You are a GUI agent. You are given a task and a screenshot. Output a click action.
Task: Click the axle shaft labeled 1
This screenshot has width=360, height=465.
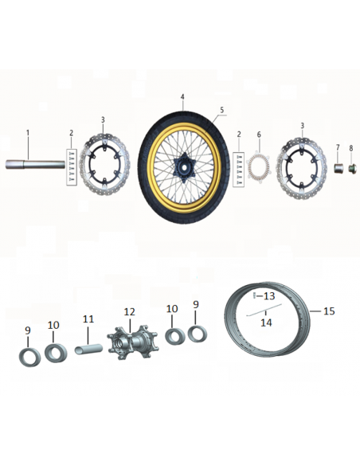35,164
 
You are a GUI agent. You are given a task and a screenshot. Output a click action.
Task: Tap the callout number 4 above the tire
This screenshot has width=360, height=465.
182,97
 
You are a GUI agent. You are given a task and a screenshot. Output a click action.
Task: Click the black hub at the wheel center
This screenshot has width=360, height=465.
183,167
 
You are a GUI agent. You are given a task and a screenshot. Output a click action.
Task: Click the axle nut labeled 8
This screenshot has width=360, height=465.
352,168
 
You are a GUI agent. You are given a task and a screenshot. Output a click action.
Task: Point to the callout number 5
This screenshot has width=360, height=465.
222,110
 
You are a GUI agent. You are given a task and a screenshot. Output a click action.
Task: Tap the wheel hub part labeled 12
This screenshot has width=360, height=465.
133,342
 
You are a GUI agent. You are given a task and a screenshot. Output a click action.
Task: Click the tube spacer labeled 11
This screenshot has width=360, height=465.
88,349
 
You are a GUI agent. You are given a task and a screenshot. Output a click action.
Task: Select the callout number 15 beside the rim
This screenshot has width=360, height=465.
329,311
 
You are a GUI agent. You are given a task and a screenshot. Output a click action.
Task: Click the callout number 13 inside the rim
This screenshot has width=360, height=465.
269,295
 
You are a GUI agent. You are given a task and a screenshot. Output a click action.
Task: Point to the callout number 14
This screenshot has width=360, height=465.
266,322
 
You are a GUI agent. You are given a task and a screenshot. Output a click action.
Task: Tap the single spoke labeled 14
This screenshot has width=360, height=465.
264,311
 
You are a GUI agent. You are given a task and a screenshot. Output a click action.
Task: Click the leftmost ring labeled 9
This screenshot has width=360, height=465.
29,358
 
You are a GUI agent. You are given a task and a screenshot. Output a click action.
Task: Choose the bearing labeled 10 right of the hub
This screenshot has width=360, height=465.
175,337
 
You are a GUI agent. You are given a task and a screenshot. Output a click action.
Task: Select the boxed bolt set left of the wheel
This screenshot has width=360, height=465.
71,167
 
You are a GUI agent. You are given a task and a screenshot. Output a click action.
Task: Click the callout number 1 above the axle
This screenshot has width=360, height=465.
28,132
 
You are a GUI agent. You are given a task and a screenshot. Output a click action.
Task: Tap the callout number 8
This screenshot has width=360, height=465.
351,148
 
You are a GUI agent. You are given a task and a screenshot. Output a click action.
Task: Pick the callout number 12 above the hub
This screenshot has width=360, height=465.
129,311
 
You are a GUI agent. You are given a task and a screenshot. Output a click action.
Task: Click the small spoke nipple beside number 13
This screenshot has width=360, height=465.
254,296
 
